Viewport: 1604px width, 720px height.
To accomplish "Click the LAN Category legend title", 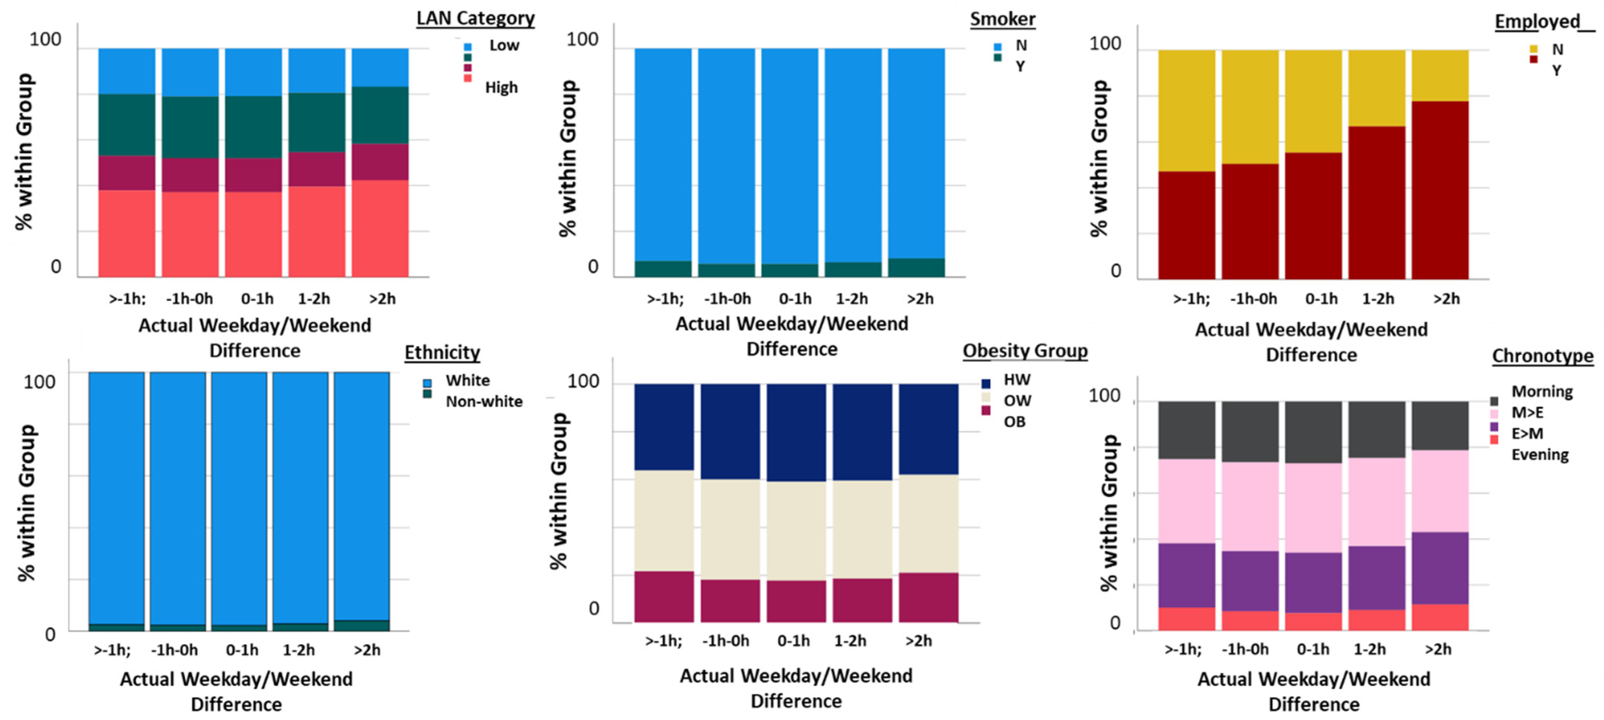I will pyautogui.click(x=475, y=18).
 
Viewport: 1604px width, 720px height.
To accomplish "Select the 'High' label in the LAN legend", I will pyautogui.click(x=501, y=88).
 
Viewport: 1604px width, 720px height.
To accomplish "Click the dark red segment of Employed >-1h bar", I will pyautogui.click(x=1186, y=225).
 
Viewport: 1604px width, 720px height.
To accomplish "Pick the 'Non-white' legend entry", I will pyautogui.click(x=484, y=401).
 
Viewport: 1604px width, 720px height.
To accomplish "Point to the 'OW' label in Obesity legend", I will pyautogui.click(x=1017, y=401).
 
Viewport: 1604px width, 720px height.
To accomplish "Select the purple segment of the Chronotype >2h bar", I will pyautogui.click(x=1440, y=568).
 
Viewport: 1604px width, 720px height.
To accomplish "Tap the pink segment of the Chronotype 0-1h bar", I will pyautogui.click(x=1313, y=507).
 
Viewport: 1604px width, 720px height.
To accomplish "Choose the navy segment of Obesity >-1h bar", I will pyautogui.click(x=664, y=427).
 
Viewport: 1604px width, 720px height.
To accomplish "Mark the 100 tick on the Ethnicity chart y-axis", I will pyautogui.click(x=39, y=382).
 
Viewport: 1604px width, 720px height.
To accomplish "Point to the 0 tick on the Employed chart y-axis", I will pyautogui.click(x=1116, y=271).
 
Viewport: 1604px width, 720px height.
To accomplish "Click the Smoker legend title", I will pyautogui.click(x=1002, y=19).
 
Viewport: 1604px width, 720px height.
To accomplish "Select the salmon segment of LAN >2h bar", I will pyautogui.click(x=380, y=228).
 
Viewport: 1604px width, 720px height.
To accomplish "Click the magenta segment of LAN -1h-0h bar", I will pyautogui.click(x=190, y=175).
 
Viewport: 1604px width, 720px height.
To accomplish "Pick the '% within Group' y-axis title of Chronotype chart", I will pyautogui.click(x=1109, y=513).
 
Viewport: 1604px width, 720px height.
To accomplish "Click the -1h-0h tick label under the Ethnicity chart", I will pyautogui.click(x=174, y=650).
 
